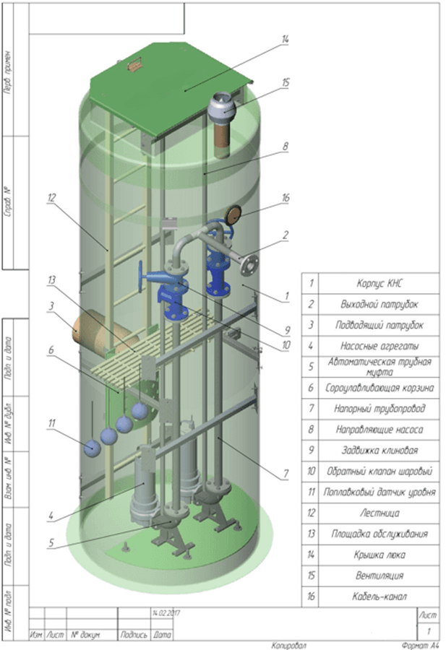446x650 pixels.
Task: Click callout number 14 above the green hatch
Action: pos(285,39)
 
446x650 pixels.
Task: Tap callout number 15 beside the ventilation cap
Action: pos(286,83)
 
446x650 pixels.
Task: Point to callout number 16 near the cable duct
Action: pos(286,196)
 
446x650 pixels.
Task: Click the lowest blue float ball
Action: pos(92,448)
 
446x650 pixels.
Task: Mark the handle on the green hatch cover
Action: pos(133,66)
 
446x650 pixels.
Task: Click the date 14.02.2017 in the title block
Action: pos(165,612)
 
